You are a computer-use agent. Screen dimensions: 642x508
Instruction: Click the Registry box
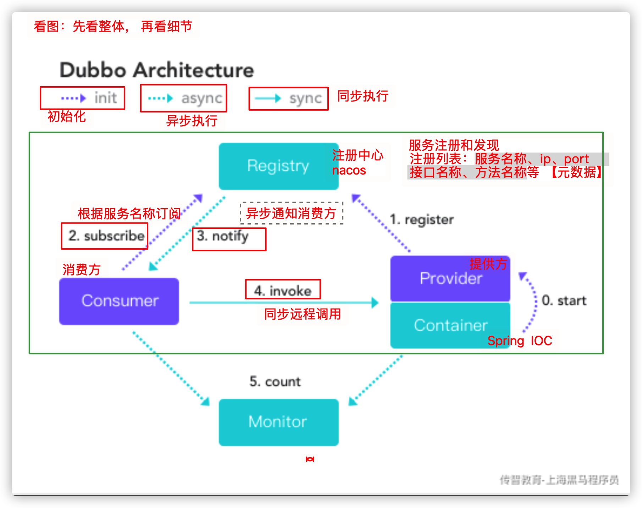click(278, 166)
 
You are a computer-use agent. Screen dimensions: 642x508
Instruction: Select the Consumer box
click(119, 301)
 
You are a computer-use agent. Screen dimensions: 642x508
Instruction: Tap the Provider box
click(450, 278)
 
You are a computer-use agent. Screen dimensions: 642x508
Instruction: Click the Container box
click(450, 325)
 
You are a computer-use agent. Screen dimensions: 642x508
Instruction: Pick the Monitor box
click(278, 422)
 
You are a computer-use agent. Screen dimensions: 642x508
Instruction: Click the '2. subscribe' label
click(106, 236)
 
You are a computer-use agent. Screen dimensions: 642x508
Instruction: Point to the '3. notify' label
click(223, 236)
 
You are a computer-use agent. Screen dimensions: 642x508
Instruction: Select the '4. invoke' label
click(283, 291)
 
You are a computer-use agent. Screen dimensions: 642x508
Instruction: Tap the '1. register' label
click(421, 220)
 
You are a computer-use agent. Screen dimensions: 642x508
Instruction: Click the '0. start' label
click(564, 301)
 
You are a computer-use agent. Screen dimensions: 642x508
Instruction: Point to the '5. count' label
click(275, 382)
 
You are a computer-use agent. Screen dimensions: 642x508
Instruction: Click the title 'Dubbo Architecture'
click(157, 70)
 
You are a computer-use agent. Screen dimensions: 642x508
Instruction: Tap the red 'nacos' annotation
click(349, 170)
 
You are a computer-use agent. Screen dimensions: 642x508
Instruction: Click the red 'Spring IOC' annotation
click(520, 341)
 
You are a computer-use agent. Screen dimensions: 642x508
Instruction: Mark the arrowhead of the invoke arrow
click(375, 303)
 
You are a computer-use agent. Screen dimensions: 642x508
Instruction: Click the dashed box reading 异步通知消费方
click(292, 213)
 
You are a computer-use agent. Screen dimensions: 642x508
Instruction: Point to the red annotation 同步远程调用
click(303, 314)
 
